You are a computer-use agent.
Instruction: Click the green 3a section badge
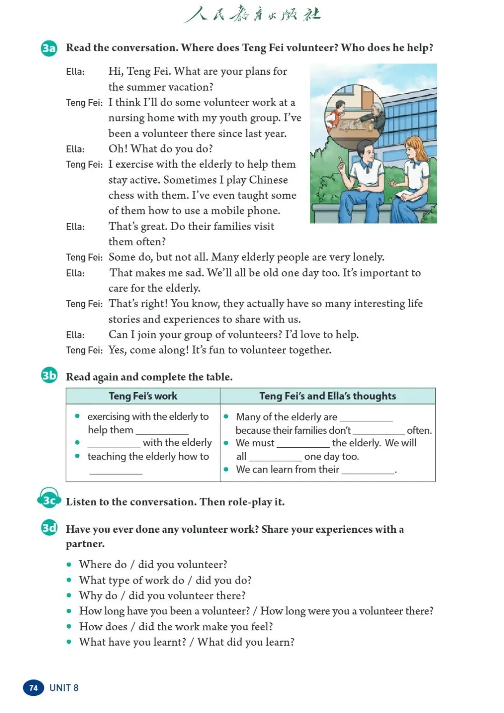[x=49, y=48]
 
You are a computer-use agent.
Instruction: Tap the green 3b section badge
[x=49, y=375]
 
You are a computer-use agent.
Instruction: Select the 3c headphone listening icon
[x=49, y=500]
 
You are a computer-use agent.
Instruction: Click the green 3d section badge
[x=49, y=528]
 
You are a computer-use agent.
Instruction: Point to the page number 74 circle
[x=33, y=688]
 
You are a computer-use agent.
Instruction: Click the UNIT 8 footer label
[x=64, y=688]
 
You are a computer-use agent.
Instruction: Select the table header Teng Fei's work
[x=143, y=396]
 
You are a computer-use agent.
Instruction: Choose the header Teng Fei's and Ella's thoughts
[x=328, y=396]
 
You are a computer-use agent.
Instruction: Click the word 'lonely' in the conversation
[x=368, y=257]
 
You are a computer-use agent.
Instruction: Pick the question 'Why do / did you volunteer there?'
[x=162, y=595]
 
